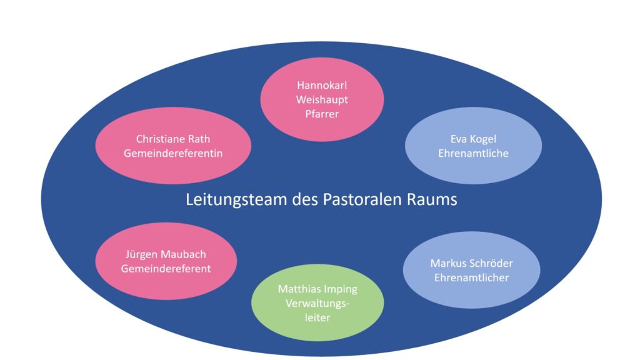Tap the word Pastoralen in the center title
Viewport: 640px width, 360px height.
(x=363, y=200)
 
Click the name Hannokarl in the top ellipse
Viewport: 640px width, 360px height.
(x=321, y=86)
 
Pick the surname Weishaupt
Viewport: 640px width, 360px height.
(x=321, y=99)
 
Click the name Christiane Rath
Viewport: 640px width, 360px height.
(x=173, y=139)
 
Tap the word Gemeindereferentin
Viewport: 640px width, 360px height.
(x=173, y=152)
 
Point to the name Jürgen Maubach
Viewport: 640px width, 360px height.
(x=166, y=255)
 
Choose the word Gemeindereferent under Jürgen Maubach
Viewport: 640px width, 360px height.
(x=166, y=269)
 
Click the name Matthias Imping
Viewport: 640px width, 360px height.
(x=318, y=289)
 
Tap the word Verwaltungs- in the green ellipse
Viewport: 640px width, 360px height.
(x=318, y=303)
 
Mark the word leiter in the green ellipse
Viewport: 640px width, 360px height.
(x=318, y=317)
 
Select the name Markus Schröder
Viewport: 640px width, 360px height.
(x=471, y=263)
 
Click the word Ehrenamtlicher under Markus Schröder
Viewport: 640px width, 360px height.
(x=471, y=277)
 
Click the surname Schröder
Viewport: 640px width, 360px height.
(x=489, y=263)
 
